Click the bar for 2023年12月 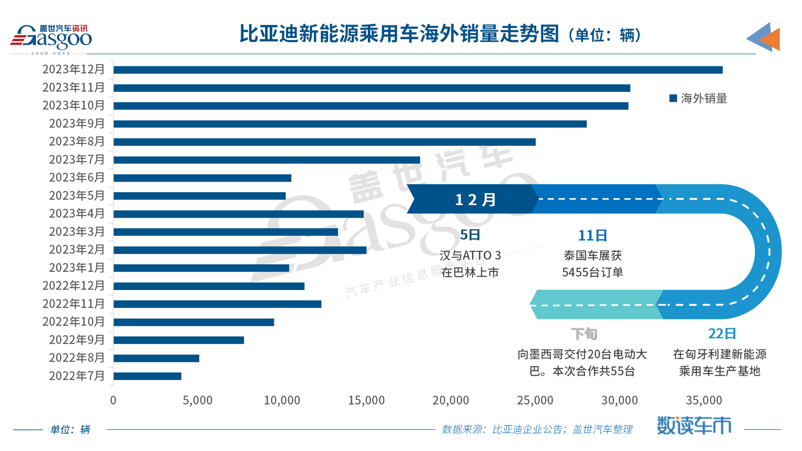pyautogui.click(x=418, y=70)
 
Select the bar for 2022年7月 pyautogui.click(x=147, y=376)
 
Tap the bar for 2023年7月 pyautogui.click(x=267, y=160)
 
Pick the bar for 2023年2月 pyautogui.click(x=240, y=250)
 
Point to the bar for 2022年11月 pyautogui.click(x=217, y=304)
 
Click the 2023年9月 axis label pyautogui.click(x=77, y=124)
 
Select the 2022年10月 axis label pyautogui.click(x=73, y=322)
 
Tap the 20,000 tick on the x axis pyautogui.click(x=450, y=401)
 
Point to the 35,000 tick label pyautogui.click(x=704, y=401)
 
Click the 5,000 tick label pyautogui.click(x=198, y=401)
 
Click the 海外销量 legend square pyautogui.click(x=673, y=98)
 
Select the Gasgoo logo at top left pyautogui.click(x=51, y=38)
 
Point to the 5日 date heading pyautogui.click(x=470, y=235)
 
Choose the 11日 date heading pyautogui.click(x=592, y=236)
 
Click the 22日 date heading pyautogui.click(x=722, y=334)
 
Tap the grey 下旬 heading pyautogui.click(x=584, y=334)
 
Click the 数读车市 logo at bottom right pyautogui.click(x=694, y=425)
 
